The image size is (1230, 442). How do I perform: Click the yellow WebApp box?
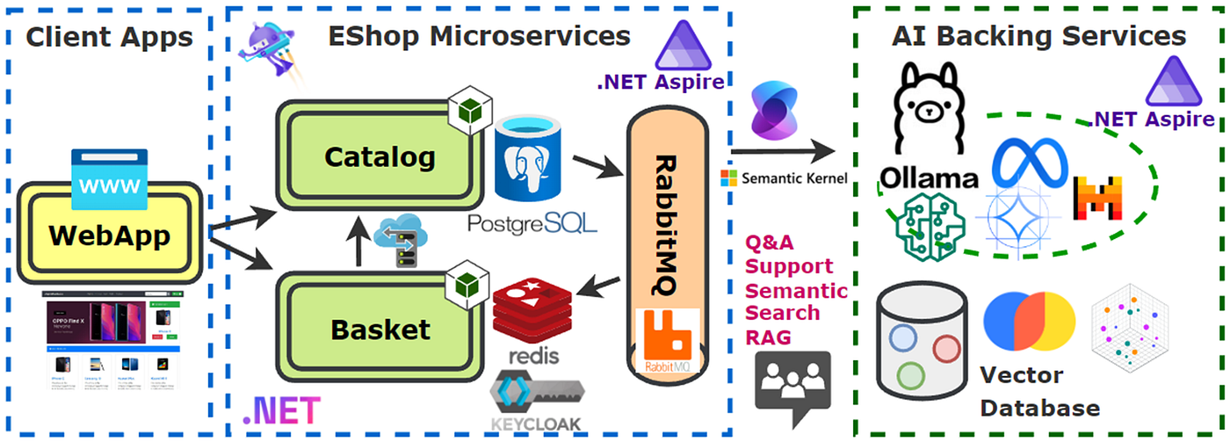109,235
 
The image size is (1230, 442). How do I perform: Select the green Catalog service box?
380,157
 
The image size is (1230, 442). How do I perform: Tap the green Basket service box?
380,330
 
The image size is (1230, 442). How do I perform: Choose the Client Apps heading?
109,37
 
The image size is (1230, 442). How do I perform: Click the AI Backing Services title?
1038,36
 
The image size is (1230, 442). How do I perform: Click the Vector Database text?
1039,392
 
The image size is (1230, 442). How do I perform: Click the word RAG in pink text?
766,337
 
